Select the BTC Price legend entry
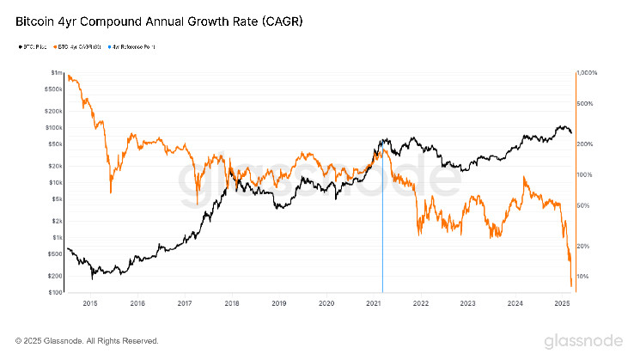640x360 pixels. pos(33,46)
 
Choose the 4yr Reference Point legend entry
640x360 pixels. pos(134,46)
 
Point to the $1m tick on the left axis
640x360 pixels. pos(56,73)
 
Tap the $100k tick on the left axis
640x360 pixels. pos(53,127)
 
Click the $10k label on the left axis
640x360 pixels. pos(55,182)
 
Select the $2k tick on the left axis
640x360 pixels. pos(57,221)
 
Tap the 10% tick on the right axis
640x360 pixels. pos(584,276)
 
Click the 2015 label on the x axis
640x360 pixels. pos(90,303)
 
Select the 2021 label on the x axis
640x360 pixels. pos(373,303)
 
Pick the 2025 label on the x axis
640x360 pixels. pos(562,303)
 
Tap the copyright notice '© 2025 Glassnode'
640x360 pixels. pos(87,340)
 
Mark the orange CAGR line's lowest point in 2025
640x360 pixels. pos(571,286)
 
